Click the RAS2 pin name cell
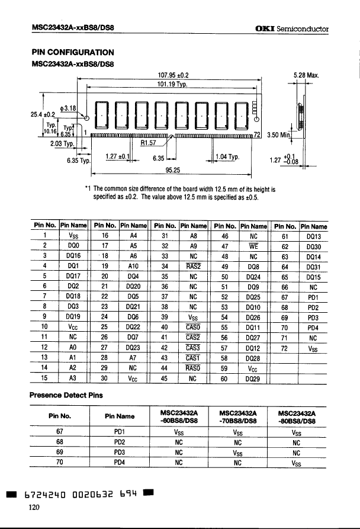click(x=193, y=267)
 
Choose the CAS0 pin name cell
click(x=193, y=327)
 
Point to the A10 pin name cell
click(x=133, y=267)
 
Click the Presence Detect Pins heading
click(x=66, y=395)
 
